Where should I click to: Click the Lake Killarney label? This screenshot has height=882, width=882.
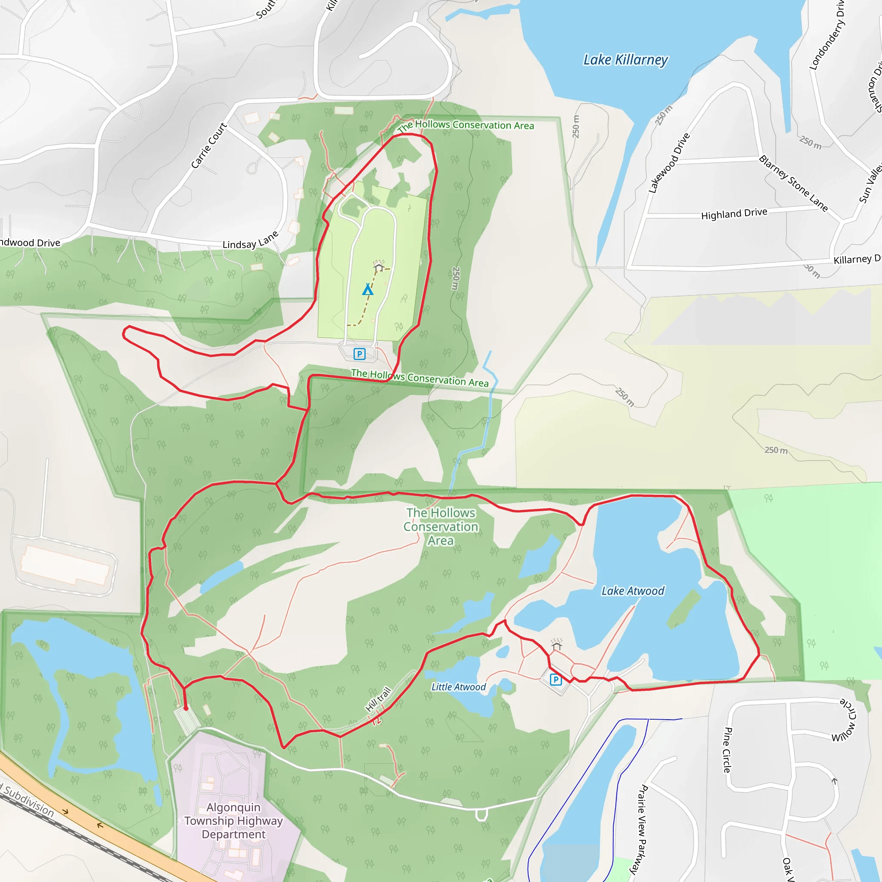click(625, 60)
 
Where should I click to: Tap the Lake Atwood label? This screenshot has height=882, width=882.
click(633, 591)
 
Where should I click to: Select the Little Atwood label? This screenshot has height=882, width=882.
click(458, 687)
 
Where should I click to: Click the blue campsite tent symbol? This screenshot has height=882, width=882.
click(368, 289)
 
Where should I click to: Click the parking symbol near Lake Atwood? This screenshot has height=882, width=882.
click(556, 680)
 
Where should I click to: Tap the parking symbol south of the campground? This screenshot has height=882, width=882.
click(359, 354)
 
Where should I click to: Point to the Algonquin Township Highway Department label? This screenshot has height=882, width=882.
click(233, 820)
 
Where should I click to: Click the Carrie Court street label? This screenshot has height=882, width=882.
click(208, 146)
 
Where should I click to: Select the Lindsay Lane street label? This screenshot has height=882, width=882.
click(250, 240)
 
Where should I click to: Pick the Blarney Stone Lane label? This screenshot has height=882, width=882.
click(793, 183)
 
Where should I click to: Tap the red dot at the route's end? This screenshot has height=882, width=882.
click(186, 708)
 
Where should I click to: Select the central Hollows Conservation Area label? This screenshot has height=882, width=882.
click(441, 526)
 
